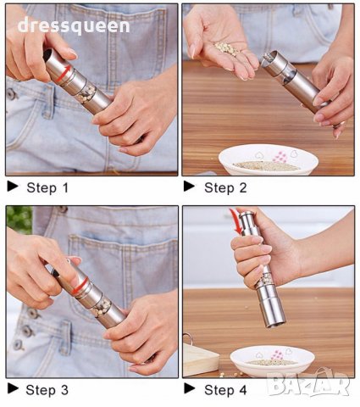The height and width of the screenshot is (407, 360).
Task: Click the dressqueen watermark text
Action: tap(74, 25)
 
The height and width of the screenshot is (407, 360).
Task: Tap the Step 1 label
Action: tap(47, 187)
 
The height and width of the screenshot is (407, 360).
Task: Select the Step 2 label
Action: tap(225, 187)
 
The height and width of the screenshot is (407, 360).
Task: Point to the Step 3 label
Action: tap(47, 390)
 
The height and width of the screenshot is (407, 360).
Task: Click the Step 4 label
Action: tap(225, 390)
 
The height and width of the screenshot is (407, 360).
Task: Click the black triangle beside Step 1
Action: tap(13, 187)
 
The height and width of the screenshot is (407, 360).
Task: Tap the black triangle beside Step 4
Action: tap(189, 388)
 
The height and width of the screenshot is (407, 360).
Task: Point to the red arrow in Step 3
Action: tap(80, 286)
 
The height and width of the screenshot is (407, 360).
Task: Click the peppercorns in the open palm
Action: tap(226, 48)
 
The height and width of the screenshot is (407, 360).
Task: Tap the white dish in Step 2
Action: tap(269, 159)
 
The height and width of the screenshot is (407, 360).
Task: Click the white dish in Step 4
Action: tap(273, 360)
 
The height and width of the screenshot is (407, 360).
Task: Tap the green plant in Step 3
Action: tap(19, 220)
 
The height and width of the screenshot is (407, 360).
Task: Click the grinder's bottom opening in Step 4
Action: tap(276, 324)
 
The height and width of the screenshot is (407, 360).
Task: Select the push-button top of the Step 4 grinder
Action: tap(246, 217)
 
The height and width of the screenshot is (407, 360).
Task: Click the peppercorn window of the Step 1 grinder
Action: tap(86, 94)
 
